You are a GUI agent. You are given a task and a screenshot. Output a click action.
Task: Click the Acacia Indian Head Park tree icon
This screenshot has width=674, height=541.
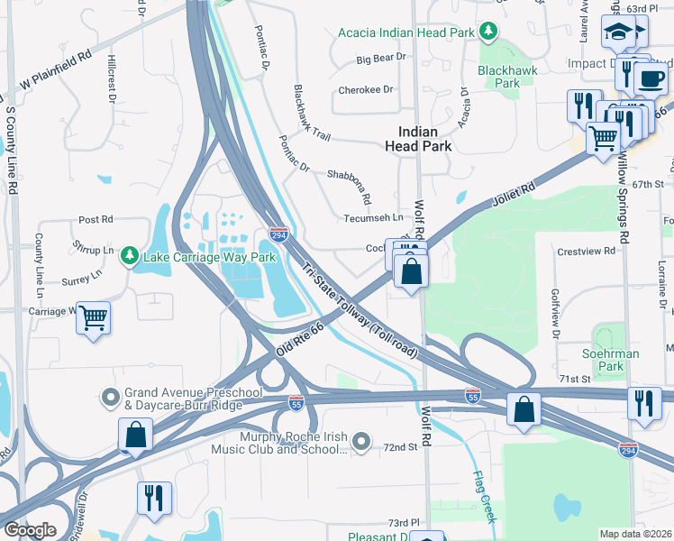(488, 32)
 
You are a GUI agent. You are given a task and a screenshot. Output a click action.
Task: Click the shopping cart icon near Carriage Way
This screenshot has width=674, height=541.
(94, 317)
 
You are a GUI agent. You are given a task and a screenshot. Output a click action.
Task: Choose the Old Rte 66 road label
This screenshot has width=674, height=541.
(300, 338)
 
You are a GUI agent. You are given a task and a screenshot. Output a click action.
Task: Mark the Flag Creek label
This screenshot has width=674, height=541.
(483, 496)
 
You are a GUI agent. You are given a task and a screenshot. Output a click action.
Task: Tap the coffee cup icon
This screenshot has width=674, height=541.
(650, 78)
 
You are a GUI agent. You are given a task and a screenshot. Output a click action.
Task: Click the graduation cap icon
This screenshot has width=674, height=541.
(619, 33)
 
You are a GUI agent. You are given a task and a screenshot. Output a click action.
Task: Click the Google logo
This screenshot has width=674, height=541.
(30, 530)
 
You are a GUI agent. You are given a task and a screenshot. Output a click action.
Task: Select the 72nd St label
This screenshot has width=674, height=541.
(401, 447)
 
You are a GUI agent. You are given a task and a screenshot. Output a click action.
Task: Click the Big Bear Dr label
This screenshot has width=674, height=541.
(381, 59)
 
